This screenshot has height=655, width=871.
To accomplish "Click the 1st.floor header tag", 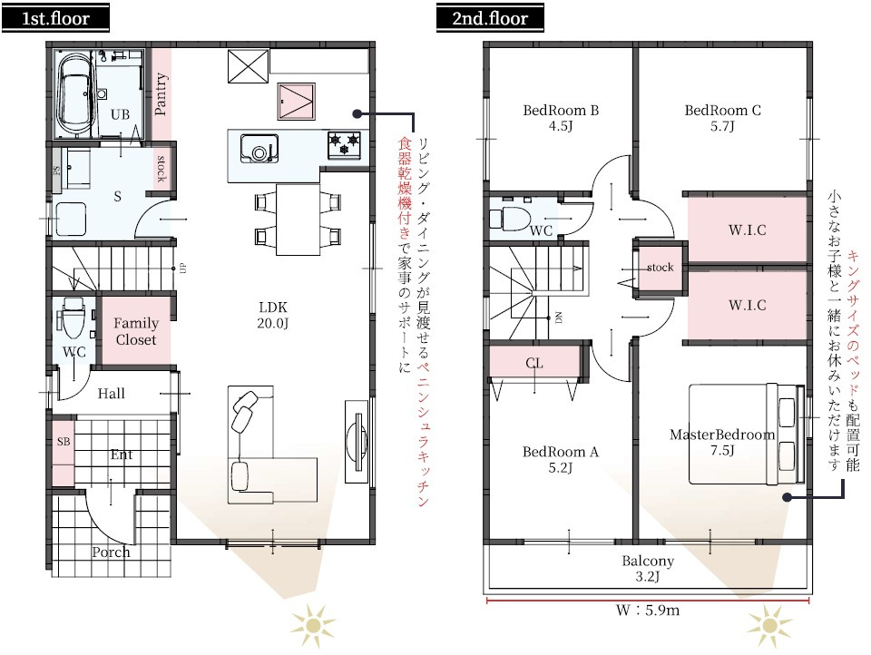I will (x=56, y=17).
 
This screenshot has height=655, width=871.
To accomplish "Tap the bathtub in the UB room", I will (x=73, y=91).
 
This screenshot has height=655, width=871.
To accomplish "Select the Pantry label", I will (x=161, y=94).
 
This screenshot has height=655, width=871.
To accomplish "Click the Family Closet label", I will (x=136, y=331).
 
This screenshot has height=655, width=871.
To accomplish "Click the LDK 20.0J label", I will (x=272, y=315).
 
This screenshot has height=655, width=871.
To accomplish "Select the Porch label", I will (x=111, y=552).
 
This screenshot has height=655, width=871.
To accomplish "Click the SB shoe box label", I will (x=63, y=442).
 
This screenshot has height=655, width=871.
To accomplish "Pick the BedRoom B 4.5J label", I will (x=561, y=118).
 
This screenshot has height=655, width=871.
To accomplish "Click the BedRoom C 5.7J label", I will (x=722, y=118).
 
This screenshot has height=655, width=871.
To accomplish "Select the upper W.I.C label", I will (x=747, y=230).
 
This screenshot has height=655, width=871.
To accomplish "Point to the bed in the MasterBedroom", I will (x=744, y=434).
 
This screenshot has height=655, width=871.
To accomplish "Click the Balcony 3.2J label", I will (x=648, y=568).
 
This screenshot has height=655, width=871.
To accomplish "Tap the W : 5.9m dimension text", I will (x=648, y=611).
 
